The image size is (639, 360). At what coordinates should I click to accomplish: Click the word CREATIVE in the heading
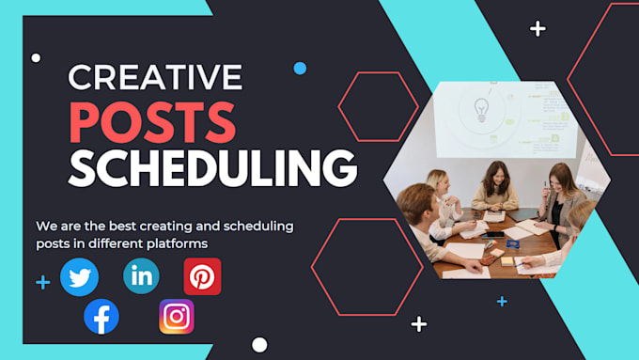coord(155,77)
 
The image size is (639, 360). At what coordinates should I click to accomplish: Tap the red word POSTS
coord(152,123)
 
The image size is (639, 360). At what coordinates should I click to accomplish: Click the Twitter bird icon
coord(79,277)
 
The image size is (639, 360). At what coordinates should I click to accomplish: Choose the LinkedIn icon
coord(141,276)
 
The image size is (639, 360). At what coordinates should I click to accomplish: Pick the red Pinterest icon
coord(202,276)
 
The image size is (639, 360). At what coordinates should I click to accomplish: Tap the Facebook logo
coord(101,317)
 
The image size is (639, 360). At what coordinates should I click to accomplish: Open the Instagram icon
coord(177,317)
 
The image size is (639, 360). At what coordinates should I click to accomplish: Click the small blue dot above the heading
coord(300,69)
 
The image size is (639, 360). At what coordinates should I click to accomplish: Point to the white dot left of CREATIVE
coord(36,58)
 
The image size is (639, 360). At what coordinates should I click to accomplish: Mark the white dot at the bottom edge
coord(259,345)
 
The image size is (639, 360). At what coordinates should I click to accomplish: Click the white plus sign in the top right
coord(538,29)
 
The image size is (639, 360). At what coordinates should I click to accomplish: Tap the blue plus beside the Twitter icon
coord(43,282)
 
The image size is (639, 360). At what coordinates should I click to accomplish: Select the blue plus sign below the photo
coord(502,302)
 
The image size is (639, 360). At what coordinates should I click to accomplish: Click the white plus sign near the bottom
coord(419,324)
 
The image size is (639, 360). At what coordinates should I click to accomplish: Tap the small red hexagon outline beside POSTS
coord(378,106)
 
